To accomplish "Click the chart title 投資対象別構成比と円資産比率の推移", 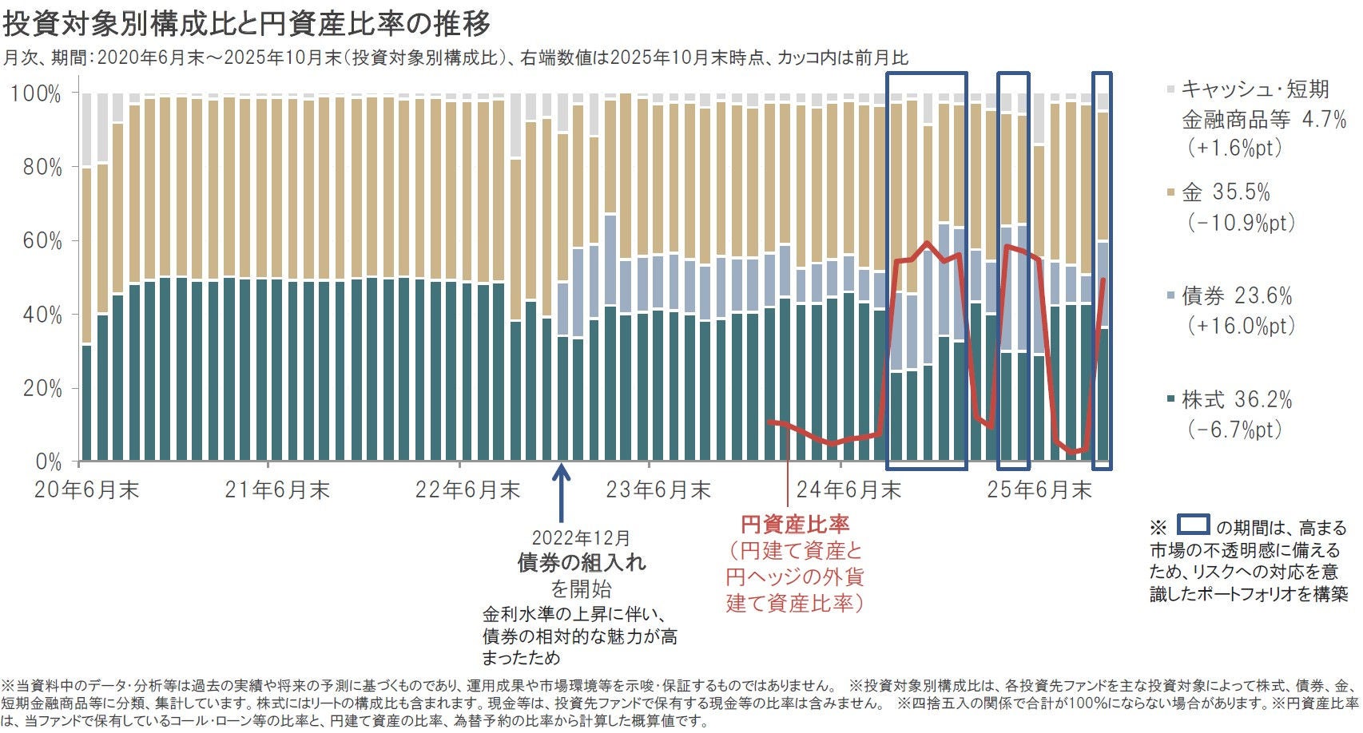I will click(246, 24).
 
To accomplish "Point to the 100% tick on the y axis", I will click(35, 94).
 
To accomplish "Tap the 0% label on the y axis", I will click(46, 462).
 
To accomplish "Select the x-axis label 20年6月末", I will click(86, 489).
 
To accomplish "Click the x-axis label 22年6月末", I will click(467, 489).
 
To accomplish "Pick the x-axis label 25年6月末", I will click(1039, 489).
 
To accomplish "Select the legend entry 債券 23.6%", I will click(1237, 296).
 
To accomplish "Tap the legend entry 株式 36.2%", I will click(1237, 400).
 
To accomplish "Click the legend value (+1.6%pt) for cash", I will click(1234, 149).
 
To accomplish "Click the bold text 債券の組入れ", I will click(582, 563).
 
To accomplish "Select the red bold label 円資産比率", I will click(795, 525).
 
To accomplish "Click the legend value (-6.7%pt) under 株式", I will click(1234, 430).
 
